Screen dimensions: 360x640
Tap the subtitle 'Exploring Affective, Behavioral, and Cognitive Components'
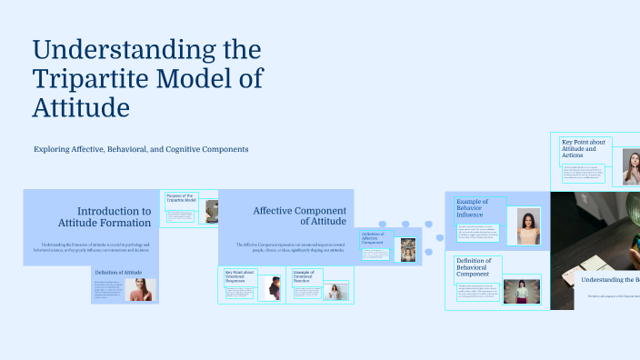141,149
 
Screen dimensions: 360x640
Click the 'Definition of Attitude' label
118,273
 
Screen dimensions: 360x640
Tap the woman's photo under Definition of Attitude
142,290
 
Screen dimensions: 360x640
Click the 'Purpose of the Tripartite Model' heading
180,197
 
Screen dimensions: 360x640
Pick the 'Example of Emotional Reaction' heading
304,275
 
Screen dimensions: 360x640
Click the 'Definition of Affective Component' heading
375,238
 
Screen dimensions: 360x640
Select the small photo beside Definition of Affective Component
408,250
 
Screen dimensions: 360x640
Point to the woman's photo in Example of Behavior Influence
528,226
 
